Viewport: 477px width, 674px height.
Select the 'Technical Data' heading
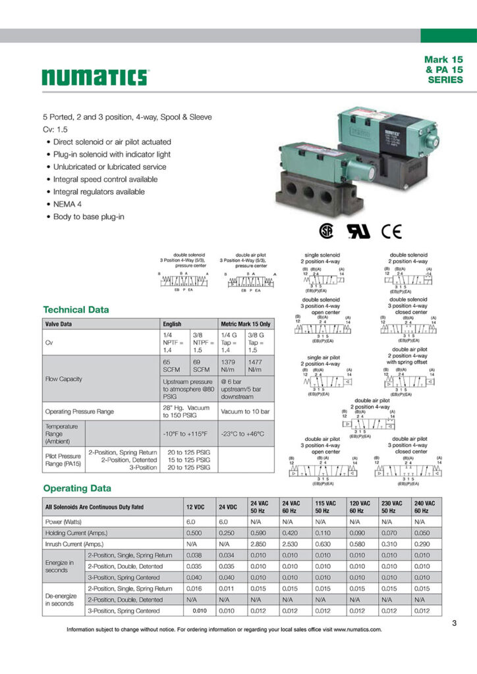76,309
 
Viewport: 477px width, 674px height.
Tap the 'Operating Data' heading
77,488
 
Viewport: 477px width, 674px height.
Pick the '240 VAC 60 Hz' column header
424,507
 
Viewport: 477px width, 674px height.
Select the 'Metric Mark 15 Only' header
246,324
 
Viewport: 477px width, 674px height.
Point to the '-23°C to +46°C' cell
246,434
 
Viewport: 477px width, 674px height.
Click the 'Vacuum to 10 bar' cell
246,411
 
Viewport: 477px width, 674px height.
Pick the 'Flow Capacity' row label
64,378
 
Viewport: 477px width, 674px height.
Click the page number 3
455,623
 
